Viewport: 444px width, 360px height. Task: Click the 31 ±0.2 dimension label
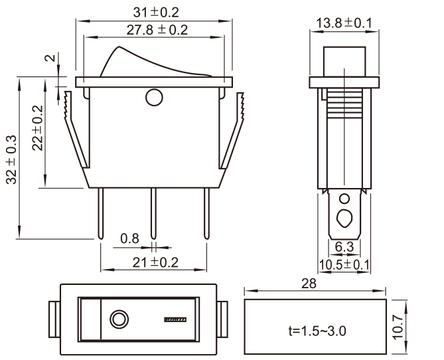[157, 13]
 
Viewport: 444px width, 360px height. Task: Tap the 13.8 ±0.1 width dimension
[343, 24]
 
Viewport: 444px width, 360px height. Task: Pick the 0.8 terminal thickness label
[130, 238]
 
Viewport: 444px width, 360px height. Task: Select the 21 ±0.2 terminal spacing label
[156, 262]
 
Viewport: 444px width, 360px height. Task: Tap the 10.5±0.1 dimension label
[344, 264]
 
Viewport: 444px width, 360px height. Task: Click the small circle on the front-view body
[154, 98]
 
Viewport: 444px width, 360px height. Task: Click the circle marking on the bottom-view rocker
[119, 320]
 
